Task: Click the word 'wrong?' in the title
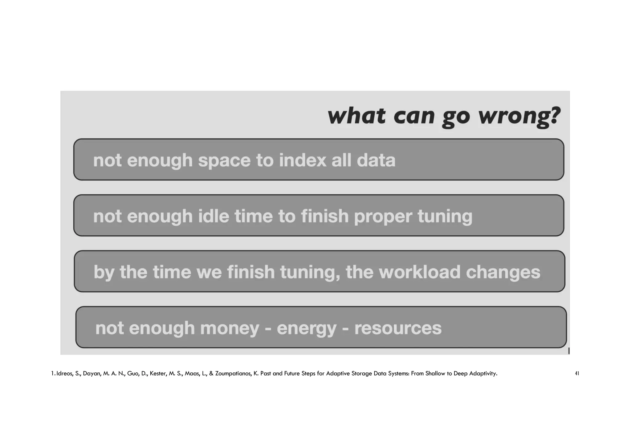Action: click(x=519, y=116)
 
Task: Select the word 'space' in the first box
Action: click(x=224, y=160)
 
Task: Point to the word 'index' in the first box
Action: click(x=302, y=160)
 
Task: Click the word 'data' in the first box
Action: click(x=376, y=160)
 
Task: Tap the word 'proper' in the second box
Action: click(x=383, y=217)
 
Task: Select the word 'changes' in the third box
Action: click(x=503, y=272)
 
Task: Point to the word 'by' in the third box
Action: click(x=104, y=273)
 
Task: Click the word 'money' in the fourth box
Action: click(x=230, y=328)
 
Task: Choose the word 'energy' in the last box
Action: click(x=307, y=329)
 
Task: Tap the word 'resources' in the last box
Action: click(x=398, y=328)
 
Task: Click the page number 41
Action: click(x=577, y=374)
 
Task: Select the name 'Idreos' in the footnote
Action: click(x=64, y=374)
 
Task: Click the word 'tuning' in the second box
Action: click(x=445, y=217)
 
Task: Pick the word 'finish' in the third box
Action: click(x=251, y=272)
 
